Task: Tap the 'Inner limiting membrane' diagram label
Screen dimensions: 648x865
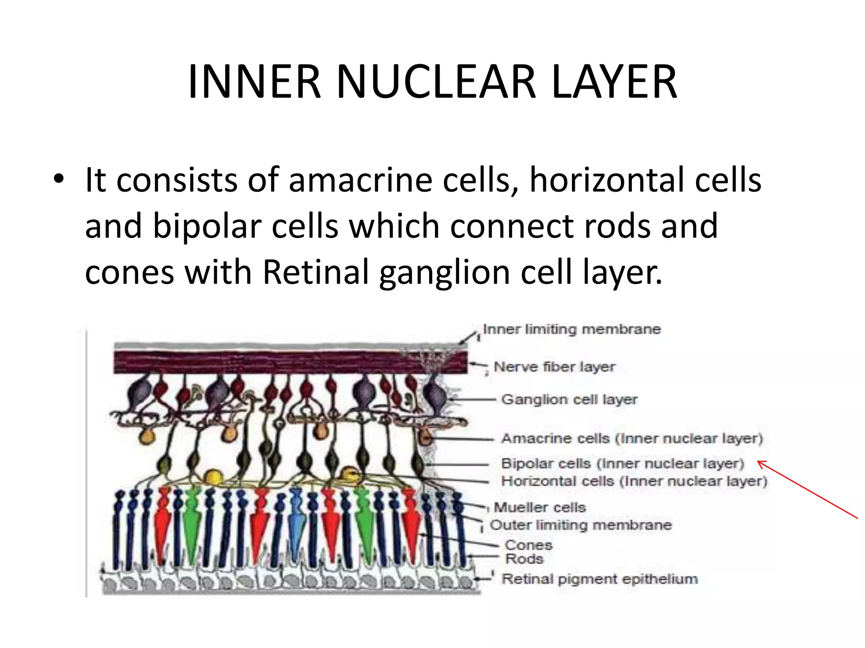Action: click(x=571, y=329)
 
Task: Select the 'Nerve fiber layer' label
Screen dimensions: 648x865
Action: click(x=554, y=367)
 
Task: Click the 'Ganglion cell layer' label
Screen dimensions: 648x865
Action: click(x=569, y=400)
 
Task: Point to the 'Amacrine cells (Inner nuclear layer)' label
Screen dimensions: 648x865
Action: click(x=632, y=439)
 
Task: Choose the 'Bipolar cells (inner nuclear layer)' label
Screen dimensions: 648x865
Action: click(x=622, y=464)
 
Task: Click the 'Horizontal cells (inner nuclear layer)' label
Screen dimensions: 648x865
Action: click(x=634, y=481)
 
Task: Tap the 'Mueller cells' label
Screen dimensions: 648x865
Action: click(x=540, y=507)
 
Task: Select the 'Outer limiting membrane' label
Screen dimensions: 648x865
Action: click(x=581, y=525)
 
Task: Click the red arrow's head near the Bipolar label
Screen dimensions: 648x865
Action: click(x=759, y=463)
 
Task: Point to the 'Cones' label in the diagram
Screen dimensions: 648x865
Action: click(x=528, y=545)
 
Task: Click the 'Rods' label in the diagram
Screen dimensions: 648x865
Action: click(x=524, y=559)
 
